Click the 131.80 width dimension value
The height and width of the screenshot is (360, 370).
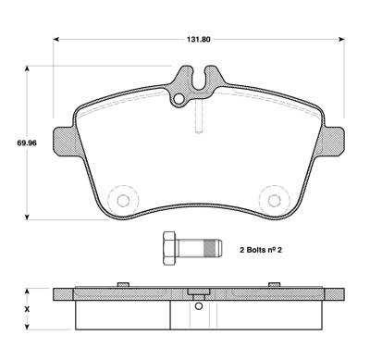[x=198, y=40]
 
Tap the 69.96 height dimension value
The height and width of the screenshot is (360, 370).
[x=27, y=143]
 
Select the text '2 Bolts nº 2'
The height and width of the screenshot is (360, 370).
[x=261, y=250]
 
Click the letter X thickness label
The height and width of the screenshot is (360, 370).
[x=27, y=309]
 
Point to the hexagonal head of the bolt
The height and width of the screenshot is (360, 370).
[x=170, y=248]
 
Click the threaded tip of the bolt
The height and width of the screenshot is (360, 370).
[x=213, y=249]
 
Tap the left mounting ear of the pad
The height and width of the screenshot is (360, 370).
[x=65, y=142]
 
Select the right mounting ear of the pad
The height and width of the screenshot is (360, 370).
[x=333, y=142]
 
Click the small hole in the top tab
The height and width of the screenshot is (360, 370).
[x=179, y=99]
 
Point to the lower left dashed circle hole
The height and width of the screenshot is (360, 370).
[x=123, y=201]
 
